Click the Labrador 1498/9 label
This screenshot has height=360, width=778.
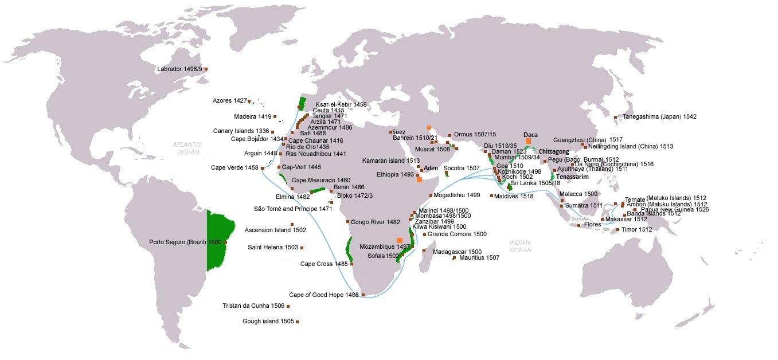click(x=179, y=69)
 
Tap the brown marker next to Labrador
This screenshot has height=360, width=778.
click(x=206, y=69)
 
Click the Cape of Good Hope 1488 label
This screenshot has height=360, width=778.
click(x=323, y=295)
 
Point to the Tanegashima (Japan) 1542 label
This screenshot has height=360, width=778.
click(x=658, y=117)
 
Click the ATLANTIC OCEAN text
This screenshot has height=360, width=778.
click(x=188, y=148)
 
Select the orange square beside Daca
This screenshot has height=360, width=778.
click(x=528, y=140)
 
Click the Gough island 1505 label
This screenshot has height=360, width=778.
click(x=268, y=322)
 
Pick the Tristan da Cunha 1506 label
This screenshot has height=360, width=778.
click(x=253, y=306)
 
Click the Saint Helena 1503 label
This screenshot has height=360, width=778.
click(x=273, y=248)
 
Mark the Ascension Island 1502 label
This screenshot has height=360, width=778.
click(x=275, y=230)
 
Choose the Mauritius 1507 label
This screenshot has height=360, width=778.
click(x=479, y=258)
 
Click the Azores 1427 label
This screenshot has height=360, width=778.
click(x=229, y=101)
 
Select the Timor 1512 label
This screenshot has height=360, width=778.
click(x=637, y=230)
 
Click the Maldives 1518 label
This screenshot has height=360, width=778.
click(x=515, y=196)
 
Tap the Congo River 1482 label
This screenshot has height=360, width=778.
click(x=376, y=222)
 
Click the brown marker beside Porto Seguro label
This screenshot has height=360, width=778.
click(x=226, y=242)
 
